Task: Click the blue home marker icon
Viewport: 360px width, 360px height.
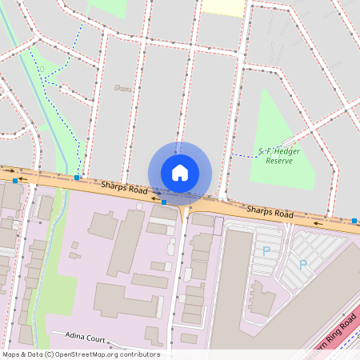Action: [180, 172]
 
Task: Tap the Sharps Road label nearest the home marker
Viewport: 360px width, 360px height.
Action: [125, 189]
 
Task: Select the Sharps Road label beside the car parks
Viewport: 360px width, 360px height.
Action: [270, 211]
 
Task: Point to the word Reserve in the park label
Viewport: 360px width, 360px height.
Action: [279, 161]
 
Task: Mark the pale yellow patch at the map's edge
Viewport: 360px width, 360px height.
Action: [222, 7]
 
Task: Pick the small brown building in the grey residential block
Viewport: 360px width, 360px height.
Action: [122, 88]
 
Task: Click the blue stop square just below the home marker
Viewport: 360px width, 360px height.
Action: [164, 202]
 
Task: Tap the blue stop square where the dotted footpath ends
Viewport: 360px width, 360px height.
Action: [77, 178]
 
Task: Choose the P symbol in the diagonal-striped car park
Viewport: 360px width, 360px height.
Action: [303, 264]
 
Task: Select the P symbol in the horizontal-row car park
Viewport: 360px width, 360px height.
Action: [266, 250]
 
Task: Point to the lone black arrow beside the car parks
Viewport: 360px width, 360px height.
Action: [319, 223]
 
